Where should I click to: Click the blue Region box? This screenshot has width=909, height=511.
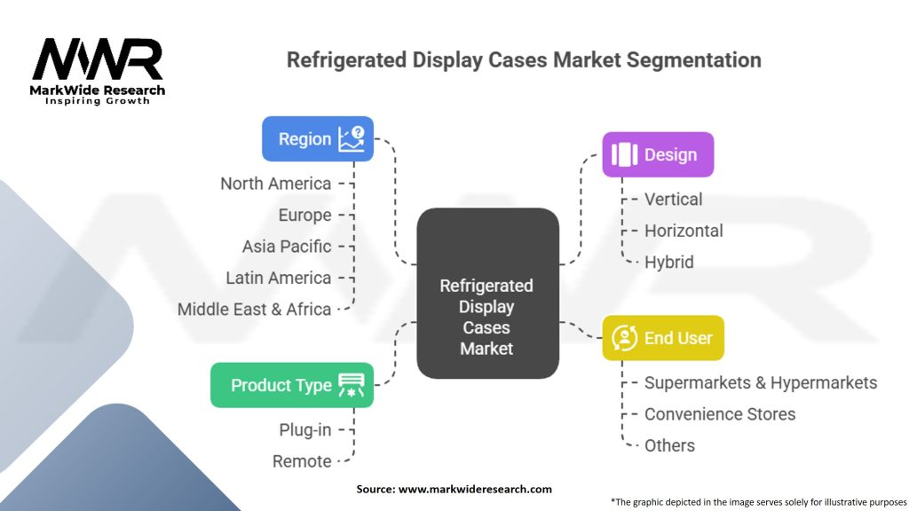318,139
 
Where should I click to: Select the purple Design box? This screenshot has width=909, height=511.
658,154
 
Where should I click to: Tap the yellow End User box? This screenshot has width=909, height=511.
663,338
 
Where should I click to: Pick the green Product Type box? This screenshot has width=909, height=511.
292,385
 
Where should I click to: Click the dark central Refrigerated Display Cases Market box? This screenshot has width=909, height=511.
488,293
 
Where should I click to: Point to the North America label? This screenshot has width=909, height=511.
276,184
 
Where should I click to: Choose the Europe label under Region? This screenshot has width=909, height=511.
305,216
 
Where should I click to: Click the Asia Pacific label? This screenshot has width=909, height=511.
287,247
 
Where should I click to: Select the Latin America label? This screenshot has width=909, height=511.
279,278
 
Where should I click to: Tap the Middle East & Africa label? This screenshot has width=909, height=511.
255,310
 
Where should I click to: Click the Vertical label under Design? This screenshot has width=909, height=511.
674,200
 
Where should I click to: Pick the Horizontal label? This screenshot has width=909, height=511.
684,231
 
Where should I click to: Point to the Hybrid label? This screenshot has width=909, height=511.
669,263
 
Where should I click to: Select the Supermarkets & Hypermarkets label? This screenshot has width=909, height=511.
761,383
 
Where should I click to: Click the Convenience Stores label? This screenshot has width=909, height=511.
720,414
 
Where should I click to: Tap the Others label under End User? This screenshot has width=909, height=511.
669,445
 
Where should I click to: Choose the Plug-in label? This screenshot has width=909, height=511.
305,430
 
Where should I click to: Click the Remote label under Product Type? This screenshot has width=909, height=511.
302,461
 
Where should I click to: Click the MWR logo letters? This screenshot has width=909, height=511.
98,59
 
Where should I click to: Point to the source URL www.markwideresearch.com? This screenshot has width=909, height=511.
476,489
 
